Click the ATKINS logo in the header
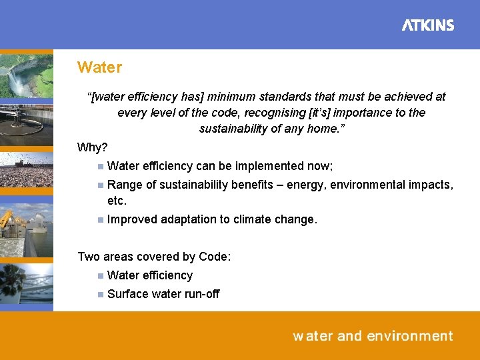coord(427,25)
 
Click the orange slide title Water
coord(99,67)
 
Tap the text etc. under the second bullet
coord(117,201)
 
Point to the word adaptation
coord(187,219)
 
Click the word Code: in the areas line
coord(215,257)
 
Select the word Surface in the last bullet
coord(126,294)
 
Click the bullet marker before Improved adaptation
coord(99,219)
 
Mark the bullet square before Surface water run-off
coord(99,294)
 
